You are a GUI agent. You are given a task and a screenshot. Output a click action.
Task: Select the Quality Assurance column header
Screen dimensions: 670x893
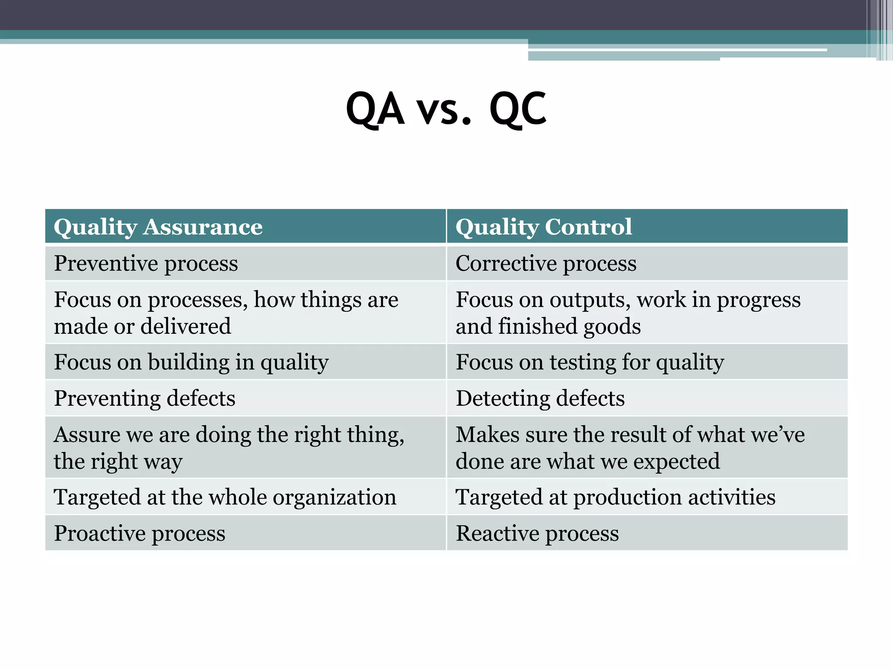tap(158, 227)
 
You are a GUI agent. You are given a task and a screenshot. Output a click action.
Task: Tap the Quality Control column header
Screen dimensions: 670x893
tap(543, 227)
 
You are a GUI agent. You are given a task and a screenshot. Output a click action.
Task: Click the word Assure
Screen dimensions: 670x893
tap(87, 435)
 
